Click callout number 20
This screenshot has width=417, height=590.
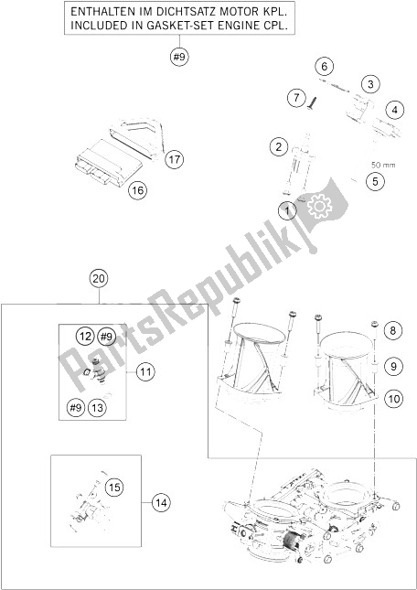99,279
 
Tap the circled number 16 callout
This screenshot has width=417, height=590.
137,191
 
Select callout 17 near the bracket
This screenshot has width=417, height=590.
174,160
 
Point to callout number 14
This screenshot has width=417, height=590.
162,502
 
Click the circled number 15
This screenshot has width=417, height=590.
114,488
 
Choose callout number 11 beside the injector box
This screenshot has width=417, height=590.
145,372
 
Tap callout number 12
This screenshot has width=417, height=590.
85,336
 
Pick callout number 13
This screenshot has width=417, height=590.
97,407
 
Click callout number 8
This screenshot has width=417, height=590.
392,331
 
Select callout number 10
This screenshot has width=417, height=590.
393,399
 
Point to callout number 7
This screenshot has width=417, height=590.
297,99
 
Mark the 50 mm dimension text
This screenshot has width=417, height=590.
383,165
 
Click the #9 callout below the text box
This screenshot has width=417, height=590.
179,57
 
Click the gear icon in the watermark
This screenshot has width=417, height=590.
319,206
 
